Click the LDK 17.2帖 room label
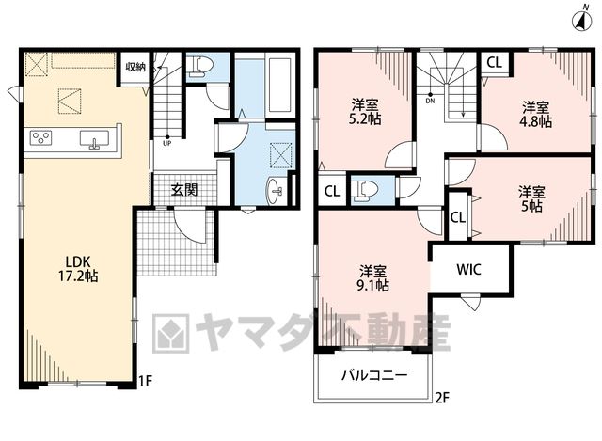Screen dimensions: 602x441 (x=78, y=269)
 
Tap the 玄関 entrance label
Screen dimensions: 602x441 (x=184, y=190)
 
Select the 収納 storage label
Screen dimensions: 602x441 (x=135, y=67)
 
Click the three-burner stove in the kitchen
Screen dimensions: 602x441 (x=40, y=138)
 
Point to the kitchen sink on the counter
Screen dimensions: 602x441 (x=94, y=139)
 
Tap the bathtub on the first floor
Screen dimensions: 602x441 (x=279, y=85)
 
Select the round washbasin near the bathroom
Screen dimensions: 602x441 (x=276, y=190)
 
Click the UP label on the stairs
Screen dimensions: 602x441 (x=167, y=144)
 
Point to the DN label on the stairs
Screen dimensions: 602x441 (x=431, y=101)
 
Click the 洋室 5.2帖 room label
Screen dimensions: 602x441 (x=366, y=112)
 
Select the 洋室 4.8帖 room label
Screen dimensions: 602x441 (x=535, y=115)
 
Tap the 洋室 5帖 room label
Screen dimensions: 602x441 (x=531, y=198)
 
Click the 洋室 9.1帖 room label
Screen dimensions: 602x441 (x=373, y=278)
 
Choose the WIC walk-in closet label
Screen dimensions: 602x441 (x=468, y=270)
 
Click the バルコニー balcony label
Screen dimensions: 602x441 (x=374, y=374)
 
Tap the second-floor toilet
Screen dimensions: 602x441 (x=365, y=190)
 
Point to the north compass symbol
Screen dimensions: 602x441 (x=581, y=20)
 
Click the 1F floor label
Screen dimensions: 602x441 (x=146, y=381)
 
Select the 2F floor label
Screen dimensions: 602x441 (x=442, y=398)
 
